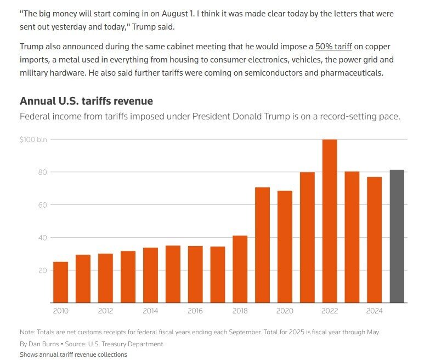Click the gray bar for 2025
(x=397, y=236)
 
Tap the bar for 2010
(x=60, y=282)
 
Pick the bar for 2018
(x=240, y=269)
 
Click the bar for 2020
(x=285, y=247)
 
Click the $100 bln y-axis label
(x=34, y=140)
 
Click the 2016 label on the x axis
(x=195, y=311)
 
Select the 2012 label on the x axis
(x=105, y=311)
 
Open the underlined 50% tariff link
(x=334, y=47)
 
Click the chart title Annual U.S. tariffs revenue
(x=86, y=101)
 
